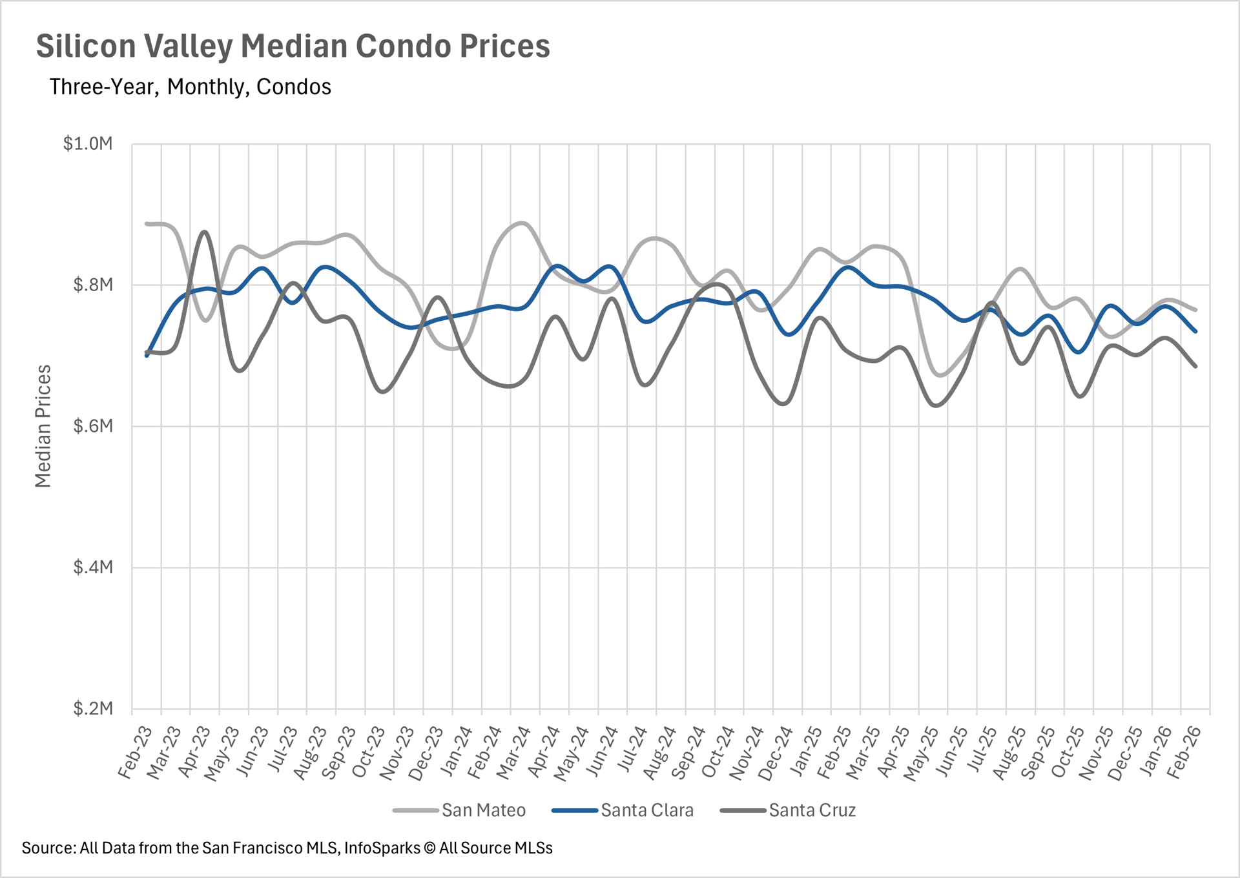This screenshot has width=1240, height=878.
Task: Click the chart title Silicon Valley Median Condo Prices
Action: click(x=293, y=46)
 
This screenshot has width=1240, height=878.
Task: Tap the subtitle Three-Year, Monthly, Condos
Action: click(x=190, y=87)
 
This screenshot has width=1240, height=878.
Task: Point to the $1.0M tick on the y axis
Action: click(x=88, y=143)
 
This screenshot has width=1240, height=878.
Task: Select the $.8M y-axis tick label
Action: click(x=93, y=285)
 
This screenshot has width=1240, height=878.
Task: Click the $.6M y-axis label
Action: click(x=93, y=426)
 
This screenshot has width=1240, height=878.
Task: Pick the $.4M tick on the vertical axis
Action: click(x=93, y=567)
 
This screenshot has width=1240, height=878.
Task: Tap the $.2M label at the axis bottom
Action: click(x=93, y=709)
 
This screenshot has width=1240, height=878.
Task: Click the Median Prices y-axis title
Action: click(x=43, y=426)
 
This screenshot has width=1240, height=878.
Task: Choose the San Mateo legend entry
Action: click(x=483, y=810)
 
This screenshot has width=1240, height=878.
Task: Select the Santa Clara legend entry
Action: click(x=646, y=810)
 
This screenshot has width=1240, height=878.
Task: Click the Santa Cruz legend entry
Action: click(x=812, y=810)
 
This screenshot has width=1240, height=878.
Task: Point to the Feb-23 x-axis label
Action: click(x=135, y=753)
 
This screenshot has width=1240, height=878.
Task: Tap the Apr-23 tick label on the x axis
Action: click(x=194, y=753)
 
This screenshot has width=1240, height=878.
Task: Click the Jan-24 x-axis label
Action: click(x=456, y=753)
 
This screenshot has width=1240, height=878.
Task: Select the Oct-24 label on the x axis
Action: click(x=718, y=753)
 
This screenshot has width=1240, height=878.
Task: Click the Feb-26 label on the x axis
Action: click(x=1184, y=753)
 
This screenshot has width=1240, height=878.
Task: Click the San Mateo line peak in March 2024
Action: click(x=522, y=223)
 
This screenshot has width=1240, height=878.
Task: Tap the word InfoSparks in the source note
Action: click(x=382, y=848)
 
